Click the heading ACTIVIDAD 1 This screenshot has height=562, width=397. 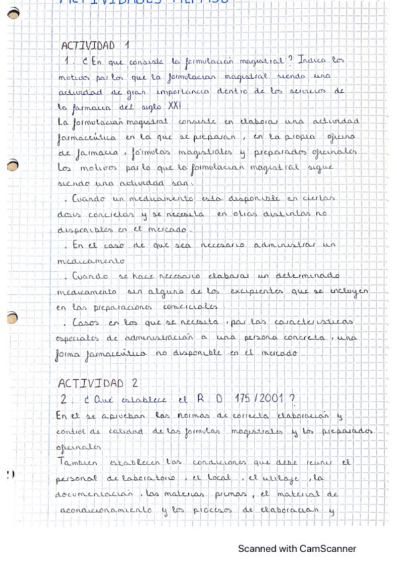point(95,46)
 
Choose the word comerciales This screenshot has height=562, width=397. point(190,307)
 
